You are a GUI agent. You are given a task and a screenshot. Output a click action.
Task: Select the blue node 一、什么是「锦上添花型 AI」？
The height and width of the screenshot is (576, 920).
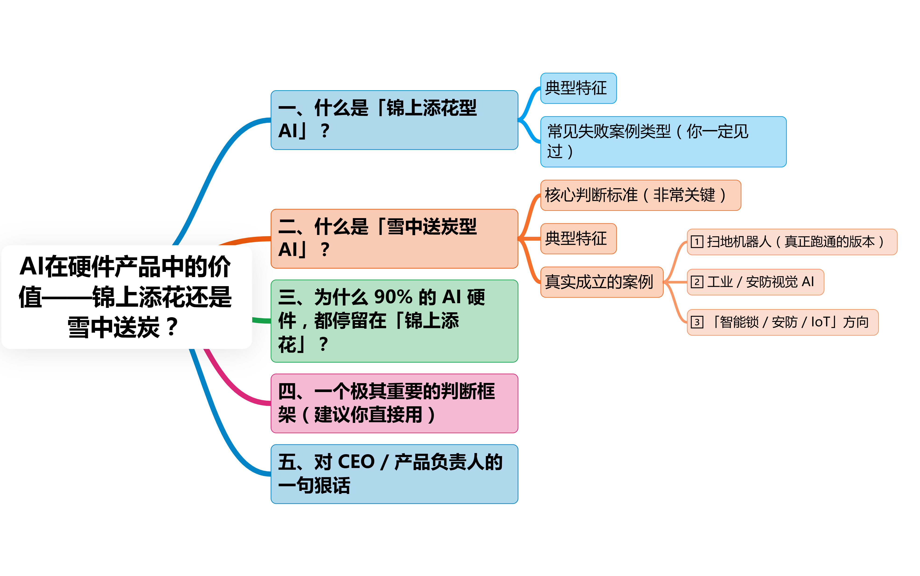pyautogui.click(x=394, y=120)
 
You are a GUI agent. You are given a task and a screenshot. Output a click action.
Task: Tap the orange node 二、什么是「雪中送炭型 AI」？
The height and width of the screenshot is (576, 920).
pyautogui.click(x=394, y=238)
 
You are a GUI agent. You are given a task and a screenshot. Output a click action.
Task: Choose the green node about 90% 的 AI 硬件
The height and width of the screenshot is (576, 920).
pyautogui.click(x=394, y=321)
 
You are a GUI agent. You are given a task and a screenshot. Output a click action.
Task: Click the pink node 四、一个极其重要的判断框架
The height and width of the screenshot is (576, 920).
pyautogui.click(x=394, y=403)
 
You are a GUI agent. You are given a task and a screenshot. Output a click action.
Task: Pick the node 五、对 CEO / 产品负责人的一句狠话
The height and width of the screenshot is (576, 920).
pyautogui.click(x=394, y=474)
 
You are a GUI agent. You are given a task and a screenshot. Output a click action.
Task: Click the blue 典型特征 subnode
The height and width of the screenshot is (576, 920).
pyautogui.click(x=578, y=88)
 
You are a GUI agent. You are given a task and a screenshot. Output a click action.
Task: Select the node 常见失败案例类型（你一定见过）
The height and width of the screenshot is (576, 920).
pyautogui.click(x=663, y=141)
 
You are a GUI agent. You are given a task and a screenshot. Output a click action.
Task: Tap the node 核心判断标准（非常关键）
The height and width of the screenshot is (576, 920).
pyautogui.click(x=640, y=195)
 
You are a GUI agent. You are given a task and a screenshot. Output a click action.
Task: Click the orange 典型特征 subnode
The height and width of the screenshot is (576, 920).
pyautogui.click(x=578, y=238)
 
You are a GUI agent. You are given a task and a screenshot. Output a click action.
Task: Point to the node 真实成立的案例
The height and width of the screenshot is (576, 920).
pyautogui.click(x=601, y=282)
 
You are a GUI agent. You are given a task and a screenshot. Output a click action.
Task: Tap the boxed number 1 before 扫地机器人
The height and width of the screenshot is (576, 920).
pyautogui.click(x=697, y=241)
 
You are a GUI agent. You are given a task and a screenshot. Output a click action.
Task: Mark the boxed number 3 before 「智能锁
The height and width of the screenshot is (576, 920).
pyautogui.click(x=697, y=322)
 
